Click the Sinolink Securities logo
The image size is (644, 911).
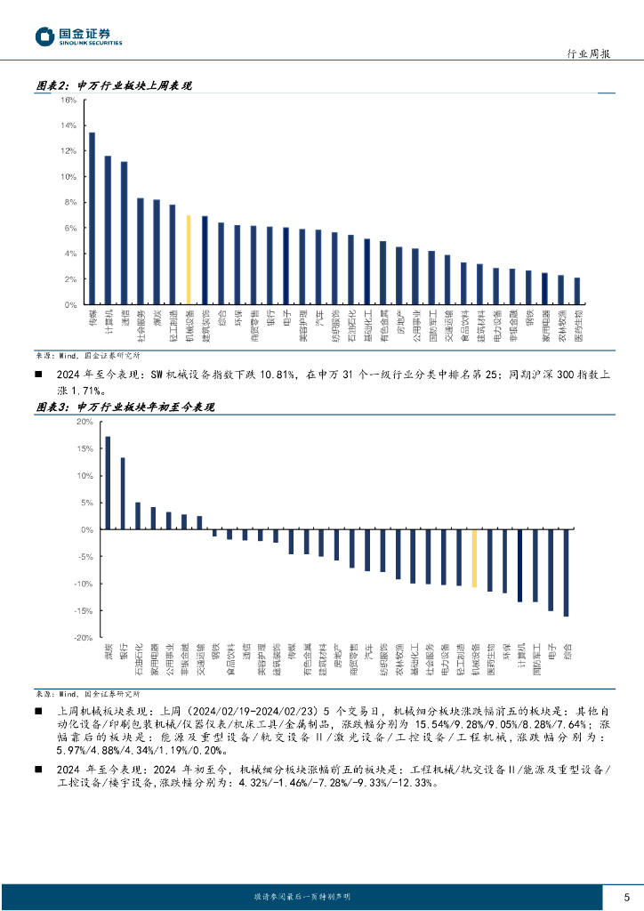[x=78, y=36]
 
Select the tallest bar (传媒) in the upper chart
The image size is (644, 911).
[x=92, y=219]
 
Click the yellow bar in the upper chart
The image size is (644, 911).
[x=189, y=260]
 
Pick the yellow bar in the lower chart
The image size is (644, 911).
[x=474, y=558]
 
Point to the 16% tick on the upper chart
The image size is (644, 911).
[x=68, y=101]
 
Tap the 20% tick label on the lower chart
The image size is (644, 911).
[x=85, y=422]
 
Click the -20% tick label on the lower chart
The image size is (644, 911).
[x=84, y=638]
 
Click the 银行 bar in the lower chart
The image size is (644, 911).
[x=123, y=494]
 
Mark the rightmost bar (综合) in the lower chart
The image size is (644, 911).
[x=566, y=573]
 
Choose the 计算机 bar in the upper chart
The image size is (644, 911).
[x=108, y=230]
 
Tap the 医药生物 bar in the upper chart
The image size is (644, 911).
[x=577, y=291]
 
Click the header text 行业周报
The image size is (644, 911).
[x=589, y=53]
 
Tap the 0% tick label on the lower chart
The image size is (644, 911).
[x=87, y=530]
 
